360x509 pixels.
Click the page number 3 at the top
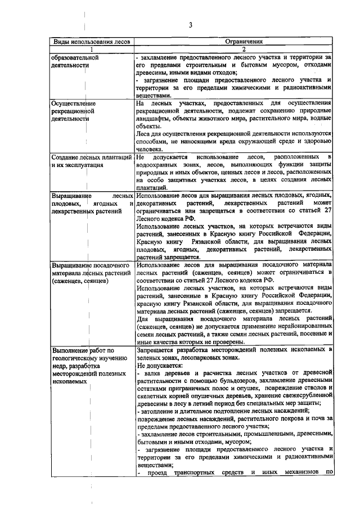tap(191, 25)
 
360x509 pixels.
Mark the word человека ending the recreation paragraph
tap(151, 150)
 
